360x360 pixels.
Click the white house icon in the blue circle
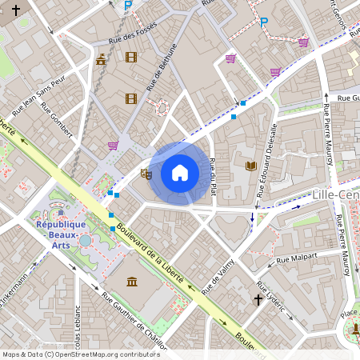click(180, 173)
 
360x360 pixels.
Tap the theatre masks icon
click(146, 174)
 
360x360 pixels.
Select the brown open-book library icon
click(251, 166)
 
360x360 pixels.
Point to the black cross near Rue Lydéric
click(258, 300)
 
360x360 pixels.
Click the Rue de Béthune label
click(161, 70)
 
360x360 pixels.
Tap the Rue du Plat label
click(213, 177)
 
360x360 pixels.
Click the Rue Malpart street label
click(297, 258)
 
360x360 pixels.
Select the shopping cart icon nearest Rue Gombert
click(113, 146)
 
